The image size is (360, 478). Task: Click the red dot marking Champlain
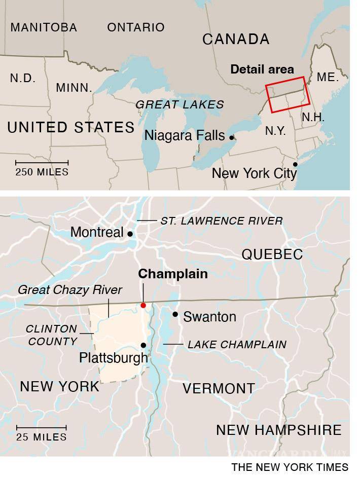[x=143, y=305]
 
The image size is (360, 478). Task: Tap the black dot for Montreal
[x=130, y=234]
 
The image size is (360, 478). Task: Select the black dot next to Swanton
[x=175, y=314]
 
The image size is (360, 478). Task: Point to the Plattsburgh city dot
[x=143, y=345]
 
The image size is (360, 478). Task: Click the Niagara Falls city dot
[x=232, y=137]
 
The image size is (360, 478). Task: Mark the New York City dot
[x=295, y=164]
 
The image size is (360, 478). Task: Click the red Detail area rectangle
[x=287, y=94]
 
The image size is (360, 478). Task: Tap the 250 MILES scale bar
[x=42, y=163]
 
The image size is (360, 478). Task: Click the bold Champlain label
[x=173, y=274]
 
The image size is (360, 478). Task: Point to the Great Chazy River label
[x=70, y=290]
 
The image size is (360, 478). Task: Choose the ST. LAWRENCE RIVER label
[x=222, y=221]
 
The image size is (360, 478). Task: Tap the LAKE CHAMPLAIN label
[x=237, y=345]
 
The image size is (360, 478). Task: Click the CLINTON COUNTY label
[x=52, y=335]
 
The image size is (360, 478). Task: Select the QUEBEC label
[x=272, y=254]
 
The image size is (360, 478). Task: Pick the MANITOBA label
[x=44, y=27]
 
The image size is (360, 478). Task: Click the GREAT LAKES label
[x=179, y=105]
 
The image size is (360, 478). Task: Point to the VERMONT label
[x=219, y=389]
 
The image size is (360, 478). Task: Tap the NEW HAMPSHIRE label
[x=279, y=430]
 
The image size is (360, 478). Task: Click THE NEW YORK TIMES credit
[x=290, y=467]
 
